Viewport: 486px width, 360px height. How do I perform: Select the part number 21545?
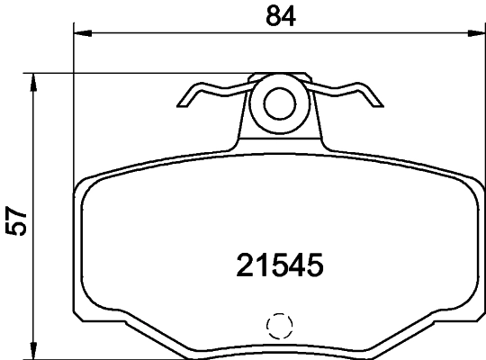279,265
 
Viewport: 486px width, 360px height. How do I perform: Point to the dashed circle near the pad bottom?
279,325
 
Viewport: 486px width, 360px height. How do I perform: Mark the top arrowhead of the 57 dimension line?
34,82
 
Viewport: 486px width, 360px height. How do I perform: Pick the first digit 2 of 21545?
245,265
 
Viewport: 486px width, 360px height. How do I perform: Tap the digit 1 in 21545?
262,265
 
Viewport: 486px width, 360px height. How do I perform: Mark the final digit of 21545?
313,265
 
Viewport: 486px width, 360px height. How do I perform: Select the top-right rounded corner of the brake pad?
470,183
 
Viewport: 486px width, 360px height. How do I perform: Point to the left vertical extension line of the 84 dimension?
73,108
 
